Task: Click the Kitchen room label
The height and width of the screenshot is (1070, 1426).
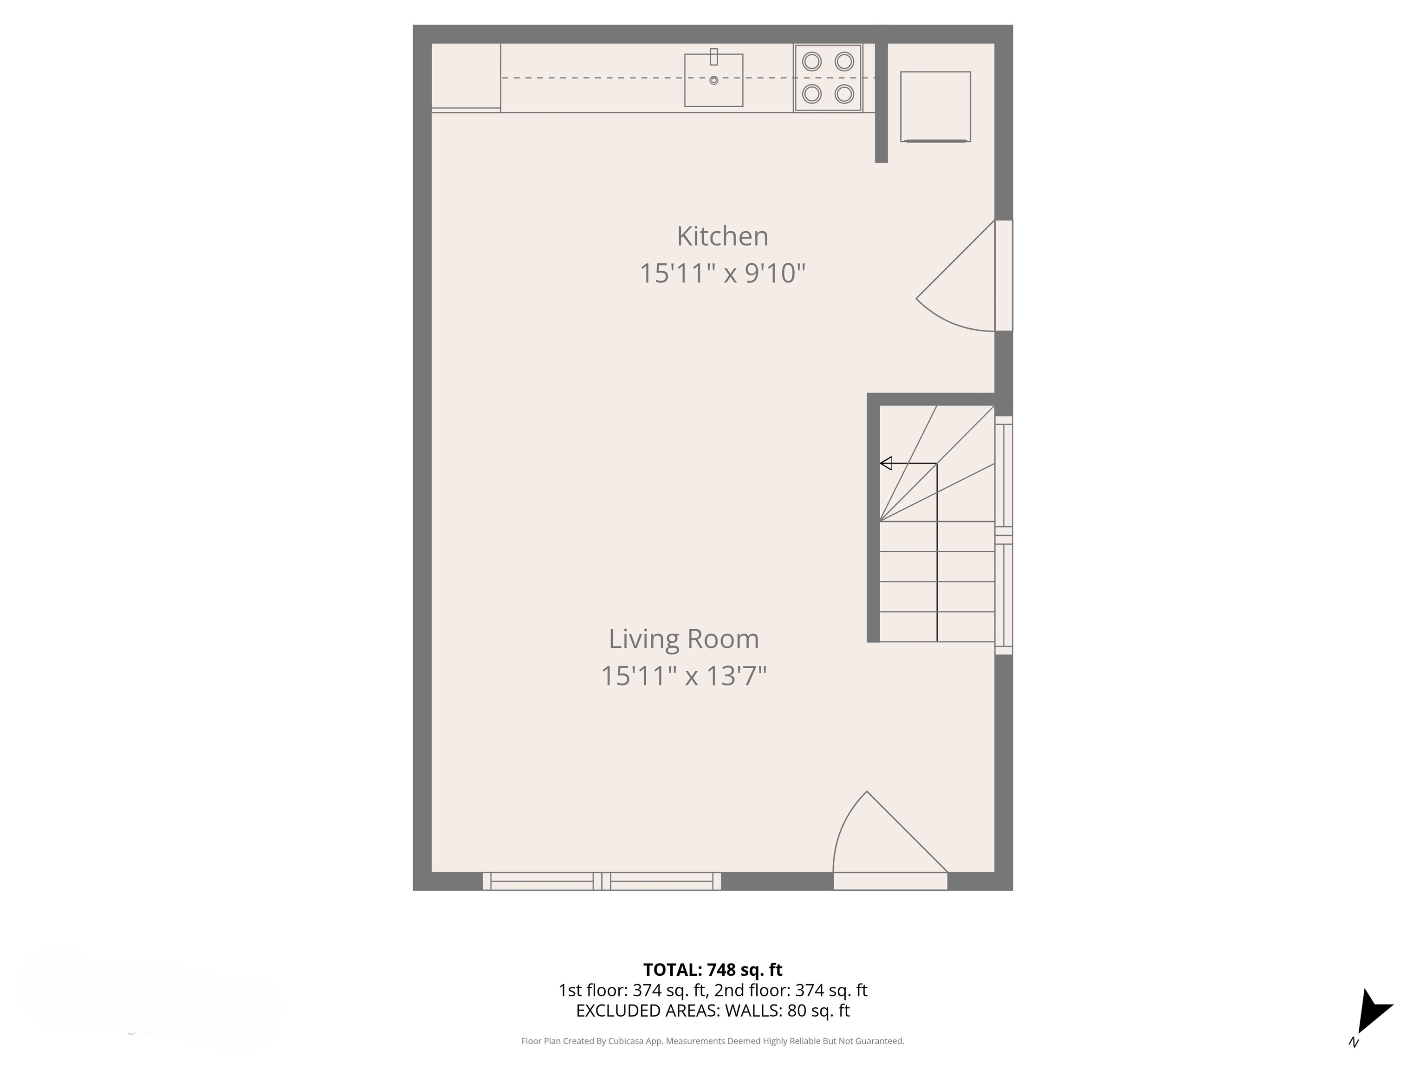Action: [722, 236]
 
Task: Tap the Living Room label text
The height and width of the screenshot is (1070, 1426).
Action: [683, 639]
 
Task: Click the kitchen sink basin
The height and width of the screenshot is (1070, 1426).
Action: [713, 87]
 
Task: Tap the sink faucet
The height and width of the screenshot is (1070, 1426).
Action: [713, 57]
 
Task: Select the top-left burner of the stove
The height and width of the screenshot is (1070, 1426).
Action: [811, 62]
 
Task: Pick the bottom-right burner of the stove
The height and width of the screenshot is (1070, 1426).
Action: [844, 94]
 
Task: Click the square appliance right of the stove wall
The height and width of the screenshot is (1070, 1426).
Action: [935, 106]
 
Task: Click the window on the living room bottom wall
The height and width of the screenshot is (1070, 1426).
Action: [602, 881]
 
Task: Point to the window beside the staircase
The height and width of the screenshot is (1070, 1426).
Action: [1004, 535]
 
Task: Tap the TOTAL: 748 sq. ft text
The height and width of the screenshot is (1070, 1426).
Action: [713, 969]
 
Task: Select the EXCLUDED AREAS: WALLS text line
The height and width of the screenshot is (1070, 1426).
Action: [713, 1011]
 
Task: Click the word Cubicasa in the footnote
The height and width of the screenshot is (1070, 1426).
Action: [627, 1041]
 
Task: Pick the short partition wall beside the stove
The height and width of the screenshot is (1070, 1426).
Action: [881, 103]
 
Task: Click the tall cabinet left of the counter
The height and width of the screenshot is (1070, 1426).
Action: [466, 76]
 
